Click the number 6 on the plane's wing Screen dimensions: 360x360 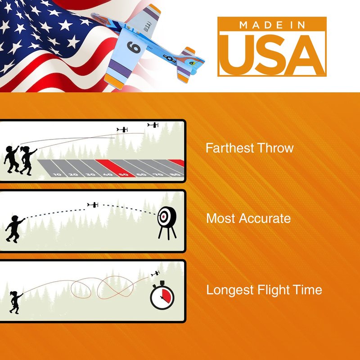(x=134, y=47)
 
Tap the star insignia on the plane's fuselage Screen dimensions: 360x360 (x=169, y=58)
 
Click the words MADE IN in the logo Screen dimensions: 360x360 (x=272, y=25)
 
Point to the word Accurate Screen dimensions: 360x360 (x=265, y=218)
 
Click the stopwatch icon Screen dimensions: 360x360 (x=162, y=296)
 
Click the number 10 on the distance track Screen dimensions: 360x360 (x=57, y=175)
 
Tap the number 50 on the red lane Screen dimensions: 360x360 (x=124, y=175)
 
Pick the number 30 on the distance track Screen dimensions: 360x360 (x=90, y=175)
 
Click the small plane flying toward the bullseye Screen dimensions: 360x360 (x=93, y=205)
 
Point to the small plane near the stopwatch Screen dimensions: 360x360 (x=155, y=274)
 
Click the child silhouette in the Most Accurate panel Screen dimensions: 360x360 (x=15, y=229)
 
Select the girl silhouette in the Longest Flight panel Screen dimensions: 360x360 (x=16, y=302)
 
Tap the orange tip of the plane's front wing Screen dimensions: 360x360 (x=114, y=81)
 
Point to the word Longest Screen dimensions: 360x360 (x=230, y=290)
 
